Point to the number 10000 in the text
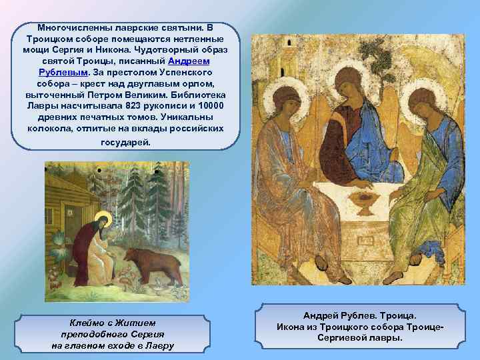208,105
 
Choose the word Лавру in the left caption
160,345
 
